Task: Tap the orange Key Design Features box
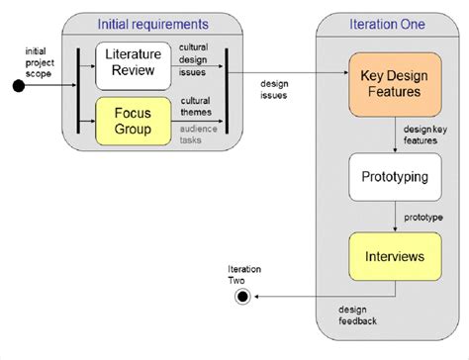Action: [x=395, y=85]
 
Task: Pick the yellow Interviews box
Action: [x=395, y=256]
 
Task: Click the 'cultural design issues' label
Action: [x=195, y=59]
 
